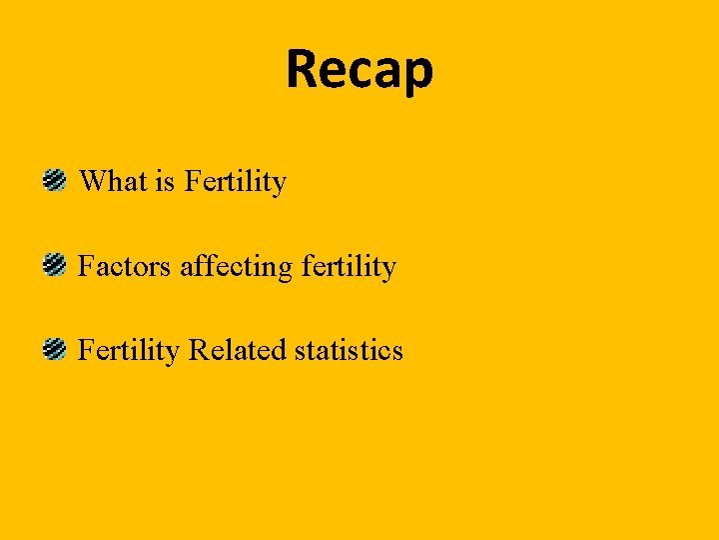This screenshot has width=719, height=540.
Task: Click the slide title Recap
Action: tap(359, 70)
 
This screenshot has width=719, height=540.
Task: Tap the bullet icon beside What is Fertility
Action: tap(54, 181)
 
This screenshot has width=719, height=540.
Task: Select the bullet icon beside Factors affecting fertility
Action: tap(54, 266)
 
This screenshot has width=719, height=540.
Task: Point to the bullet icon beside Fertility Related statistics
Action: tap(54, 350)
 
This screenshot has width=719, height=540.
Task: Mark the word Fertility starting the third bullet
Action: tap(128, 351)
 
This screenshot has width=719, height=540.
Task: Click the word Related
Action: tap(237, 350)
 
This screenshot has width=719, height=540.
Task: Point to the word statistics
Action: tap(349, 350)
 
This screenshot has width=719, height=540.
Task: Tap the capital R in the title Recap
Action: tap(303, 69)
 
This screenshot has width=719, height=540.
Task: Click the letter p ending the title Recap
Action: tap(419, 74)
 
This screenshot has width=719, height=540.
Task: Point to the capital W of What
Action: tap(91, 181)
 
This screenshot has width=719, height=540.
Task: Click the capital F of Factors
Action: tap(86, 266)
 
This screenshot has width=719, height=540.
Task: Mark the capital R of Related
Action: tap(199, 350)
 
